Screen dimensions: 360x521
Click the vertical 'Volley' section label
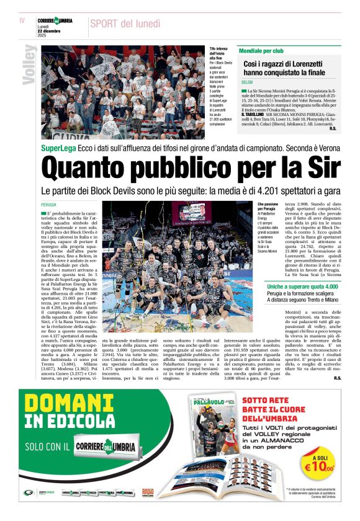click(x=29, y=65)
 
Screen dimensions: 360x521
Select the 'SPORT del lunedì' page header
click(x=125, y=24)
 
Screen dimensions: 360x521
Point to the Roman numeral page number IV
click(x=22, y=20)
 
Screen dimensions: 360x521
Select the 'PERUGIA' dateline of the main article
click(x=49, y=204)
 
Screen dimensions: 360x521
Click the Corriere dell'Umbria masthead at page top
click(x=56, y=20)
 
